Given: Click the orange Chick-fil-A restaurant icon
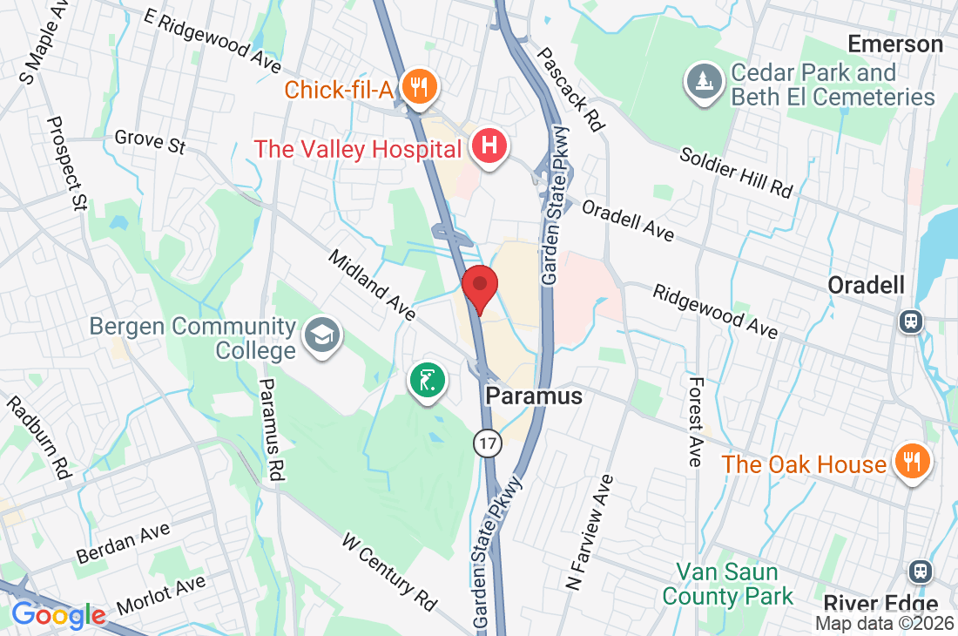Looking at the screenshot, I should pyautogui.click(x=420, y=86).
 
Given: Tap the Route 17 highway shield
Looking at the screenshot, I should pyautogui.click(x=488, y=443).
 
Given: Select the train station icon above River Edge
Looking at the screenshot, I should pyautogui.click(x=921, y=572).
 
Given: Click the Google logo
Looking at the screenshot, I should pyautogui.click(x=58, y=615).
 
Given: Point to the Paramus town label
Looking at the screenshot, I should pyautogui.click(x=533, y=396).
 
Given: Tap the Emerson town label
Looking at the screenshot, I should pyautogui.click(x=895, y=44).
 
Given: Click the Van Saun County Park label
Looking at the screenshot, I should pyautogui.click(x=728, y=585).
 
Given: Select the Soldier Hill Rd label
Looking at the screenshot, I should pyautogui.click(x=737, y=172).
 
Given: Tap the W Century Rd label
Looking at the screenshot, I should pyautogui.click(x=389, y=571).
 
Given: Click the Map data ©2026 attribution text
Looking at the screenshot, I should pyautogui.click(x=884, y=623).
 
